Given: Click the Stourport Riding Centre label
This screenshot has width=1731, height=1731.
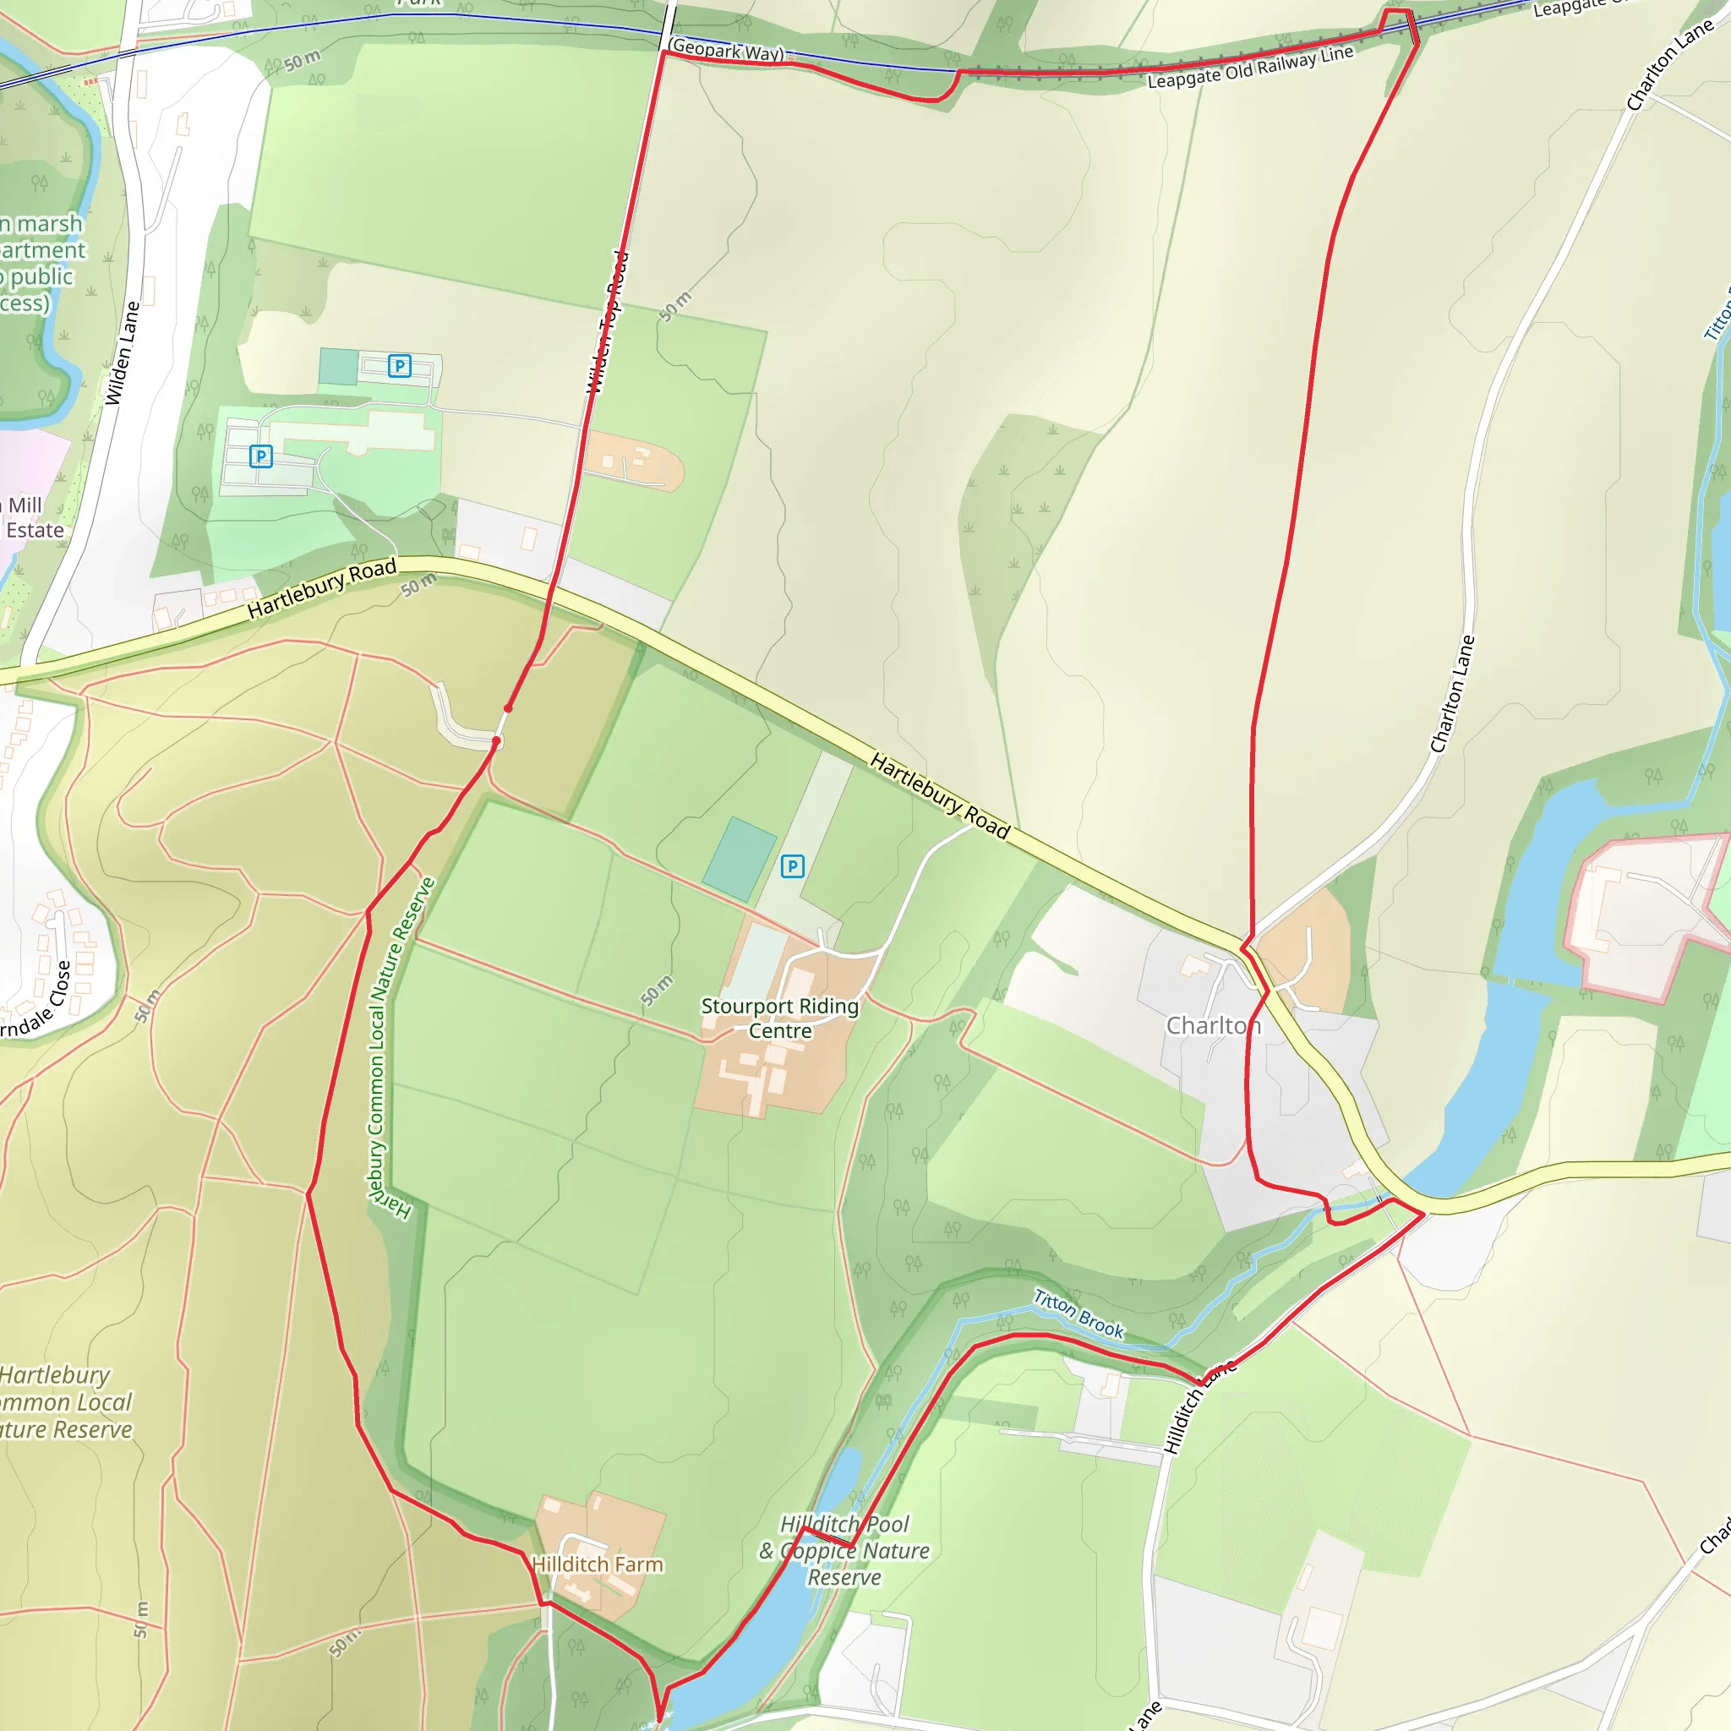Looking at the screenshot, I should tap(779, 1018).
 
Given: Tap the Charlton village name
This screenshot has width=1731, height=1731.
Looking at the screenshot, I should tap(1213, 1025).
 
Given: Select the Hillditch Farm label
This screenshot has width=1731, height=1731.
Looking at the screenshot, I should tap(598, 1564).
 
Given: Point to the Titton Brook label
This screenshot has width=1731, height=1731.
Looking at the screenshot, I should tap(1078, 1313).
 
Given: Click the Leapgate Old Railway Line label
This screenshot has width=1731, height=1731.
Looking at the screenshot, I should tap(1250, 68).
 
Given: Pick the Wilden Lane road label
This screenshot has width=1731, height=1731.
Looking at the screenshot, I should tap(123, 353).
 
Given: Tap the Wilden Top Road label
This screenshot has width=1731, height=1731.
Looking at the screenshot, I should tap(608, 323).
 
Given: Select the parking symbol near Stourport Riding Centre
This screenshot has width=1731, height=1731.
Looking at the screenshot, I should tap(792, 866).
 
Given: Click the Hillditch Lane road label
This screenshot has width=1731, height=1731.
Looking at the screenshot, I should tap(1199, 1406).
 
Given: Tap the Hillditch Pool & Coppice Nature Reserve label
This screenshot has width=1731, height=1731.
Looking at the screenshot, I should tap(844, 1551).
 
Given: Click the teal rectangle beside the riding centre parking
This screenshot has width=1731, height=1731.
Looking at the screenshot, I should tap(740, 859).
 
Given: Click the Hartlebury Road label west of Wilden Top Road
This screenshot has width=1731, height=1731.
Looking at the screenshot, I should tap(322, 587).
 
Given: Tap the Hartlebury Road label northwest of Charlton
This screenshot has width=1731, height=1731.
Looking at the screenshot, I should tap(940, 796).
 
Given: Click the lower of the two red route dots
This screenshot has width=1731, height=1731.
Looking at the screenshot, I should tap(495, 741).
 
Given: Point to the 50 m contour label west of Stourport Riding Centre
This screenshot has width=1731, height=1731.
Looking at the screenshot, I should tap(657, 990).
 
